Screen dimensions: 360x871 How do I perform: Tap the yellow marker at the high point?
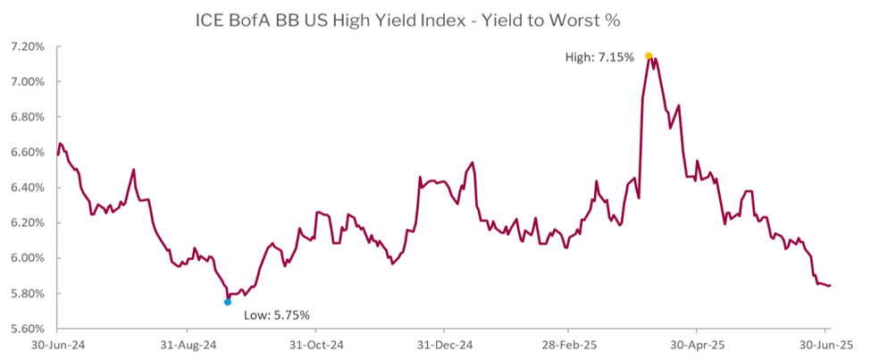click(x=649, y=55)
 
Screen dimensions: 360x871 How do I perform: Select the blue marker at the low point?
click(x=228, y=302)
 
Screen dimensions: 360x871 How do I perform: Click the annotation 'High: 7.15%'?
click(x=599, y=57)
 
